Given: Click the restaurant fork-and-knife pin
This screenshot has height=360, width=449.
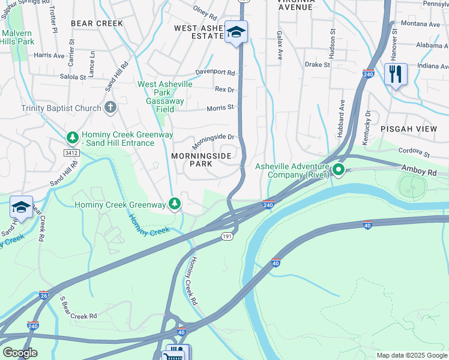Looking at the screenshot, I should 395,74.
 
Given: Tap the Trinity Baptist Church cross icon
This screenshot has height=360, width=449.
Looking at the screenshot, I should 109,107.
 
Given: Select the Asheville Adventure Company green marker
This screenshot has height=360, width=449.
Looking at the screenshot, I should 338,170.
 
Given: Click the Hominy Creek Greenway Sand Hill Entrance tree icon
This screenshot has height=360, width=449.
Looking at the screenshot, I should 72,138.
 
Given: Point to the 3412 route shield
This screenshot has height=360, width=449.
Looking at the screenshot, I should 72,153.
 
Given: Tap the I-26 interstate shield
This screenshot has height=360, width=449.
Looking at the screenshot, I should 44,295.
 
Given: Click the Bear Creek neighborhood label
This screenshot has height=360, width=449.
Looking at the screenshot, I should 97,23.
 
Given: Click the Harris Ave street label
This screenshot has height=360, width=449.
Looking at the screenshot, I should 49,55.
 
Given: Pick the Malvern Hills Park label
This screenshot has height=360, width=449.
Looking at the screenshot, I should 18,37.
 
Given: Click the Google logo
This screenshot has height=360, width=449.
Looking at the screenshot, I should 19,353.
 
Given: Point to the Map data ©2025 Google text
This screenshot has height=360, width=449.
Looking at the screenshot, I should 411,355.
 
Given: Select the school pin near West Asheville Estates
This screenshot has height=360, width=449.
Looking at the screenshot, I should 236,32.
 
